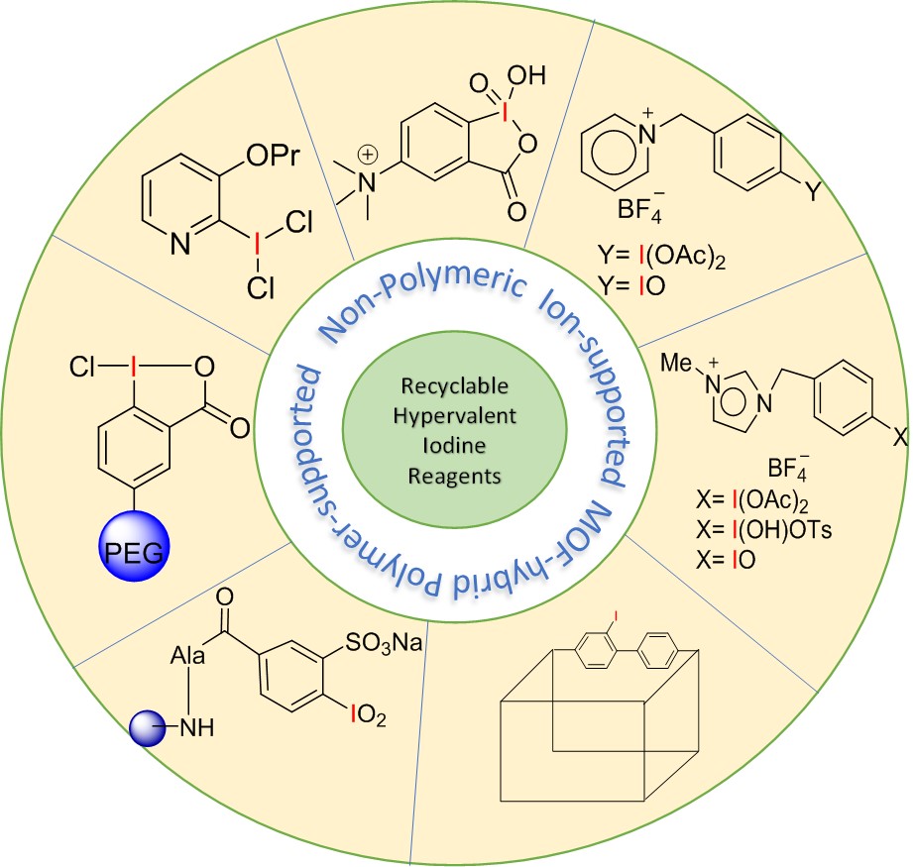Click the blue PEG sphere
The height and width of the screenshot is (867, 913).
[134, 546]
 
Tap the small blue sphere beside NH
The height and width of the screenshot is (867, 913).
[148, 728]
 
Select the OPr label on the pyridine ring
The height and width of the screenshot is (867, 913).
[273, 155]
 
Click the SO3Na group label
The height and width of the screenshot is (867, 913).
[384, 642]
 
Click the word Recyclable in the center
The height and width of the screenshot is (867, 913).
[455, 385]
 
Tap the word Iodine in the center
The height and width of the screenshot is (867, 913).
[454, 445]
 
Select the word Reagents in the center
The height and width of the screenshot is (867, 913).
[454, 476]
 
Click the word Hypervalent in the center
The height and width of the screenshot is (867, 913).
[455, 416]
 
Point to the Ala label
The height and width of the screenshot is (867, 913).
[188, 656]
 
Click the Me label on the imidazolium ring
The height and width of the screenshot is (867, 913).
[676, 363]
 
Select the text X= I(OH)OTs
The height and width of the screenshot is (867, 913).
[764, 529]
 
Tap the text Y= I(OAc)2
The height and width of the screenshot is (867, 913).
[661, 257]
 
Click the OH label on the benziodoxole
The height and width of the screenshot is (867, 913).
[526, 75]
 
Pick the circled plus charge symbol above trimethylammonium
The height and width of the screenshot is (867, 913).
[368, 155]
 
